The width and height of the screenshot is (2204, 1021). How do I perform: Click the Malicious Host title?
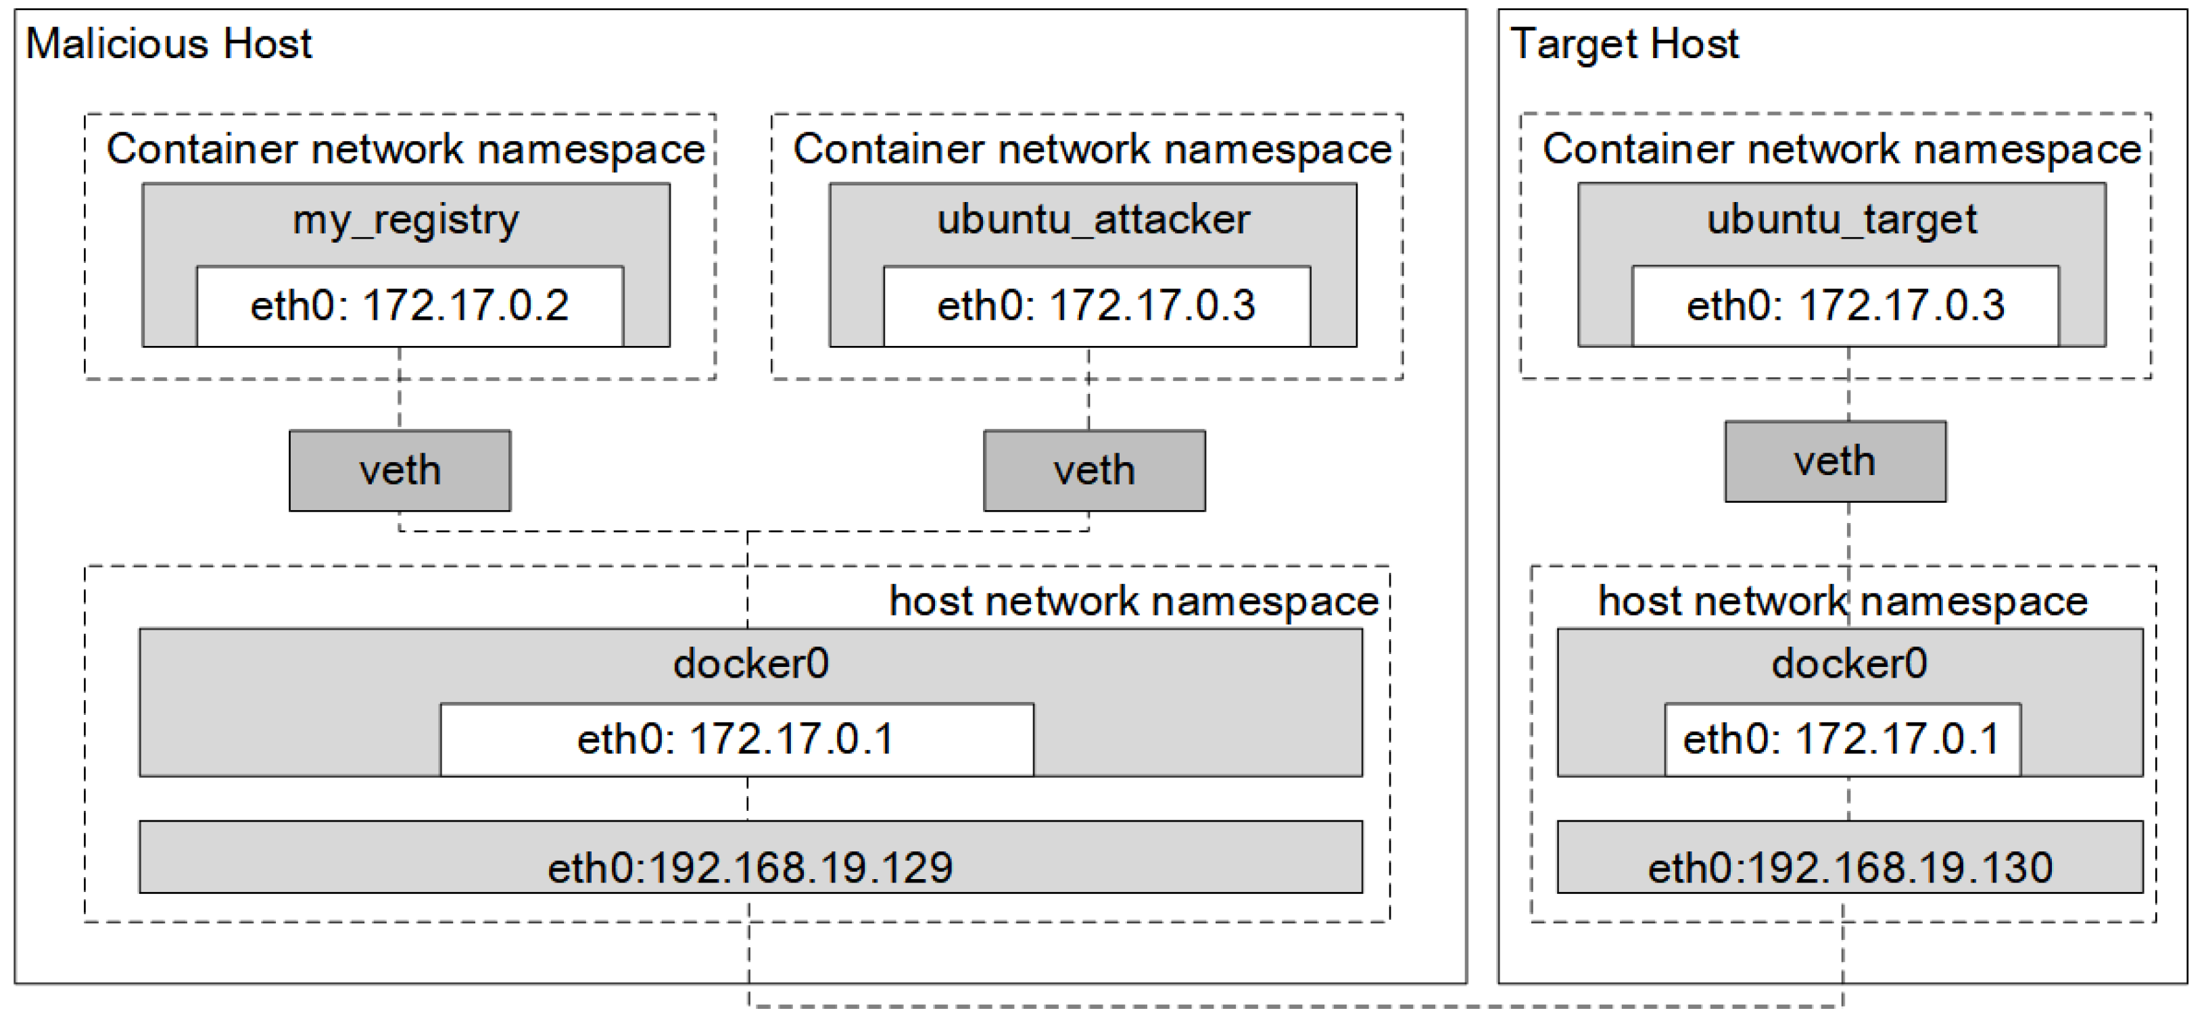click(168, 44)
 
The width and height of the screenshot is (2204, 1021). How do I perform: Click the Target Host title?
click(1624, 44)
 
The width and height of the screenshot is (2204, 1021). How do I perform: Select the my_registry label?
click(406, 220)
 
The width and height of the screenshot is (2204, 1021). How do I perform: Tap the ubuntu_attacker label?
click(1093, 220)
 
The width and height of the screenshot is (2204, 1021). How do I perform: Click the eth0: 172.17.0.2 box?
click(410, 306)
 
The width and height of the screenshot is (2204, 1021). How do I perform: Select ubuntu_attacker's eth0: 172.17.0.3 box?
click(1096, 306)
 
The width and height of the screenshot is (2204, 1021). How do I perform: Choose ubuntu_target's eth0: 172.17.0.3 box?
click(1846, 306)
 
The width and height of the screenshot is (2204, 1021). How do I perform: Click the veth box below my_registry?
click(400, 470)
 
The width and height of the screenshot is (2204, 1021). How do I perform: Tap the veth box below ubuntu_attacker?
click(1095, 470)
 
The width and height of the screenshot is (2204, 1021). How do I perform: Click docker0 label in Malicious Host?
click(750, 664)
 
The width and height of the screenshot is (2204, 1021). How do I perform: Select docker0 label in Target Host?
click(1849, 664)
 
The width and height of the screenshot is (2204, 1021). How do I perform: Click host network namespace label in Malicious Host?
click(1134, 601)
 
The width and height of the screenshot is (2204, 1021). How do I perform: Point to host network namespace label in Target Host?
click(1842, 601)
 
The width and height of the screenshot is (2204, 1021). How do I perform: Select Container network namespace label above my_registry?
click(406, 149)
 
